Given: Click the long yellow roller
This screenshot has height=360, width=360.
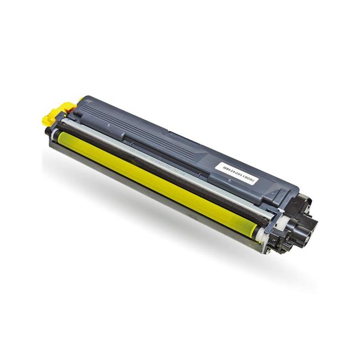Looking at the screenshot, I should click(155, 177).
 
